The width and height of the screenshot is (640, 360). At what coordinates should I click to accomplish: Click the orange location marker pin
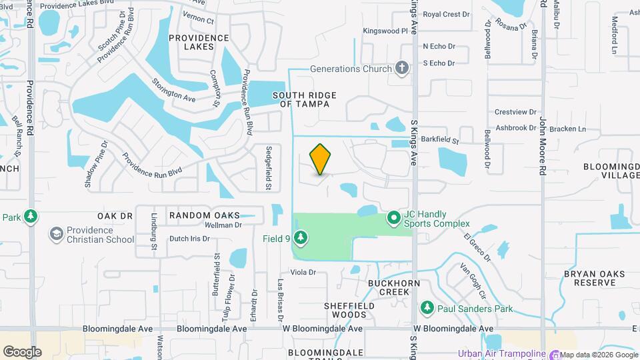321,159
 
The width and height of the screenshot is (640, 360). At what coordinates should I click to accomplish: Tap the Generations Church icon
401,67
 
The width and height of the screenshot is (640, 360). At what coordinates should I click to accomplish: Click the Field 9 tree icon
300,237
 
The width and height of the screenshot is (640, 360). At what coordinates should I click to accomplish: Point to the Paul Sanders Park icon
427,308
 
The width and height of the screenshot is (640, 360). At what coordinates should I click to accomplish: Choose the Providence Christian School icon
56,233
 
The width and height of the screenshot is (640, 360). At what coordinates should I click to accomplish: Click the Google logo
22,351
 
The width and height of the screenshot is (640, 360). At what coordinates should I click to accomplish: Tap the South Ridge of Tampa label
304,100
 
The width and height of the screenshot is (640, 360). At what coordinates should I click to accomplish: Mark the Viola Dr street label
302,273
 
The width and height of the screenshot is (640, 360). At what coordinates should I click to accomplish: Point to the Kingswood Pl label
385,31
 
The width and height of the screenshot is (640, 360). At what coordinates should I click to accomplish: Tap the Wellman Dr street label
223,225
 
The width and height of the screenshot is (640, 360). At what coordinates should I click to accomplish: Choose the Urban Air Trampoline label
500,354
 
